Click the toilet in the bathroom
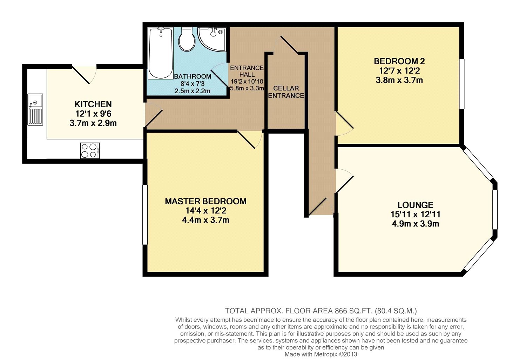tap(187, 39)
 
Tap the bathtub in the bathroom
tap(161, 53)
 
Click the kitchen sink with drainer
tap(35, 109)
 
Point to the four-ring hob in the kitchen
tap(90, 150)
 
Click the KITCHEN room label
tap(93, 104)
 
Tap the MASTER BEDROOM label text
tap(206, 201)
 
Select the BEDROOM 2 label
tap(399, 61)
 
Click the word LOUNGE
tap(416, 205)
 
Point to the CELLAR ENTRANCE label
tap(286, 92)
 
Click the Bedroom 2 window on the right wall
tap(462, 84)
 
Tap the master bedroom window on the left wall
tap(145, 215)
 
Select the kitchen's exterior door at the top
tap(84, 74)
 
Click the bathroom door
tap(220, 76)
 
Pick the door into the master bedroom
tap(250, 140)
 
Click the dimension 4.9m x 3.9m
tap(416, 224)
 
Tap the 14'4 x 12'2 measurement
tap(206, 211)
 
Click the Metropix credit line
tap(321, 354)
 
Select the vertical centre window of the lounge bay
tap(495, 210)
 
